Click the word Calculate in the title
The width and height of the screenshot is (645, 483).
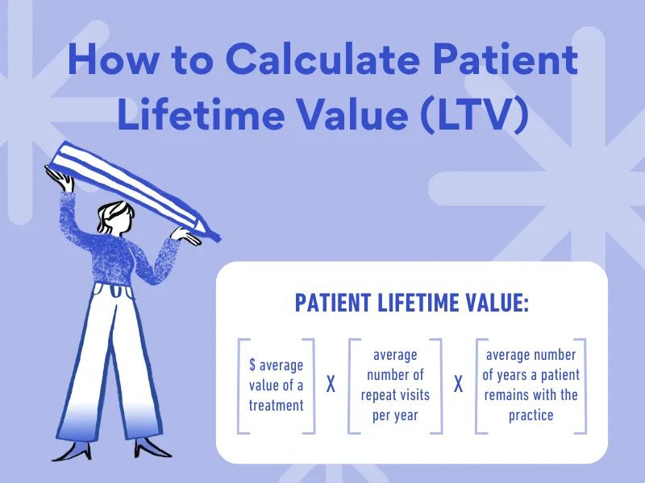tap(322, 59)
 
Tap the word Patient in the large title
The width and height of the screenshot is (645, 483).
tap(506, 59)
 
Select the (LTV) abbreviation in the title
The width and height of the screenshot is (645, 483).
tap(475, 114)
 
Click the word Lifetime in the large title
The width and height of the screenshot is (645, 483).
tap(201, 112)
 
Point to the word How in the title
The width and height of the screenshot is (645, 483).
tap(112, 59)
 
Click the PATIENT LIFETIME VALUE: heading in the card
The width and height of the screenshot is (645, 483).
tap(412, 303)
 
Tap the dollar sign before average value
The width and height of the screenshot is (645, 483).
tap(252, 365)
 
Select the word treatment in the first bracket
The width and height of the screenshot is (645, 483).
tap(276, 406)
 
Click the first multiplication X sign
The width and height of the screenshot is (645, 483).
tap(331, 385)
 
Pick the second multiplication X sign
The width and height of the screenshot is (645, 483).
tap(458, 385)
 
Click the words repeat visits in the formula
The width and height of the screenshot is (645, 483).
tap(395, 395)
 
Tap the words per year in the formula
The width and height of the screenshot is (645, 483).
tap(395, 415)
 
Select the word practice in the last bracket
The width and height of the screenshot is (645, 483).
tap(531, 415)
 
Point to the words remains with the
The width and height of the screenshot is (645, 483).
tap(531, 395)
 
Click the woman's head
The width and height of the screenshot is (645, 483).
tap(117, 217)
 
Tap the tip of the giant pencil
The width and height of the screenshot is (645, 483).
tap(218, 238)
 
